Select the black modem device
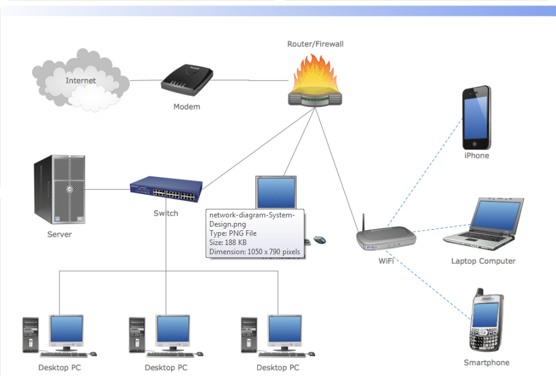click(187, 80)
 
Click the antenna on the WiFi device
click(363, 222)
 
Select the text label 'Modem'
click(187, 106)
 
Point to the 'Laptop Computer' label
click(483, 261)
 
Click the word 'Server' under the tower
click(60, 234)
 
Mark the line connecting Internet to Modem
click(145, 80)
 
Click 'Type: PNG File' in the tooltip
click(233, 233)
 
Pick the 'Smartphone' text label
click(486, 362)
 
